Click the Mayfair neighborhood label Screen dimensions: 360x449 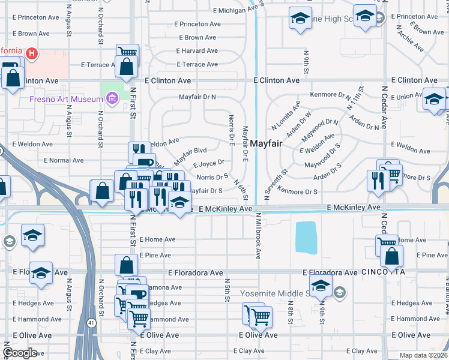click(x=266, y=143)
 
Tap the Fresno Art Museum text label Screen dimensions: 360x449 click(x=64, y=98)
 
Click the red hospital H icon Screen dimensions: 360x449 click(x=31, y=54)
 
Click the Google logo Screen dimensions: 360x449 click(x=20, y=353)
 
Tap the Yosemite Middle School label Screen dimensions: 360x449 click(x=274, y=293)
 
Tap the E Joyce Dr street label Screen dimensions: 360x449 click(x=208, y=162)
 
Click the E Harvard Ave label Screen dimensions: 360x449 click(x=197, y=50)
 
